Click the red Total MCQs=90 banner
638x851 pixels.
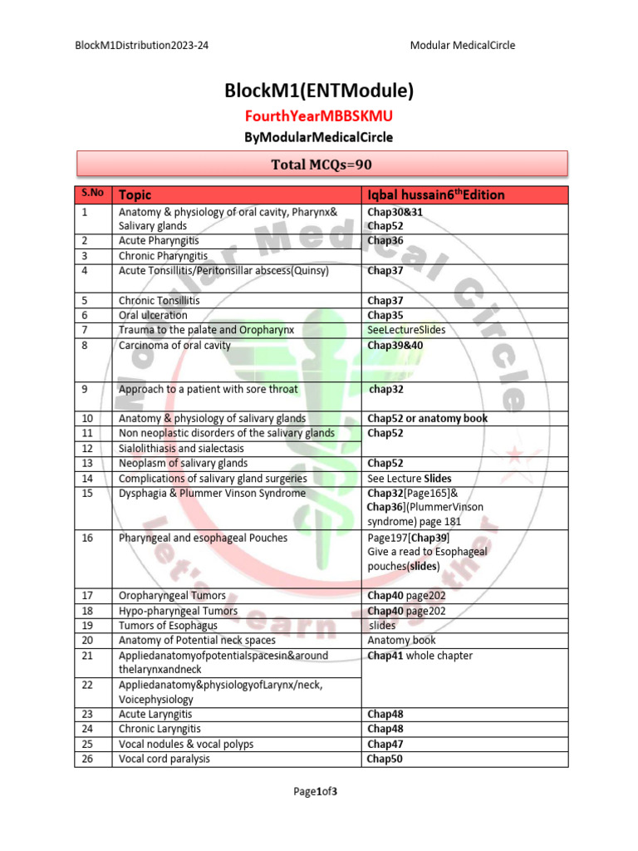click(321, 165)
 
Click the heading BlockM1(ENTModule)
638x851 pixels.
click(319, 91)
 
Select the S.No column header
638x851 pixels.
click(92, 194)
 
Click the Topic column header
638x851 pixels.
click(135, 195)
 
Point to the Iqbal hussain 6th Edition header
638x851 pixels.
click(436, 195)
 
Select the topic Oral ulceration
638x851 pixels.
click(153, 315)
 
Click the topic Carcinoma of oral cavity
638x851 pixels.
click(174, 345)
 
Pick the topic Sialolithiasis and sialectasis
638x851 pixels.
click(181, 448)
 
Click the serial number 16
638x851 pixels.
click(87, 538)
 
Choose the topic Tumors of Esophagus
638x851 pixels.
click(168, 625)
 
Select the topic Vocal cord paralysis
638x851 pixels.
click(164, 759)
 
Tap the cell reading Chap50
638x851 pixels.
click(385, 759)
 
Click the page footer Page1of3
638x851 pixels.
click(315, 791)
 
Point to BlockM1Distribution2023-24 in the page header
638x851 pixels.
click(141, 45)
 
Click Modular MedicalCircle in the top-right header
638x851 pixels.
click(463, 45)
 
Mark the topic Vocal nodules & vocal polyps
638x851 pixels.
click(186, 744)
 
